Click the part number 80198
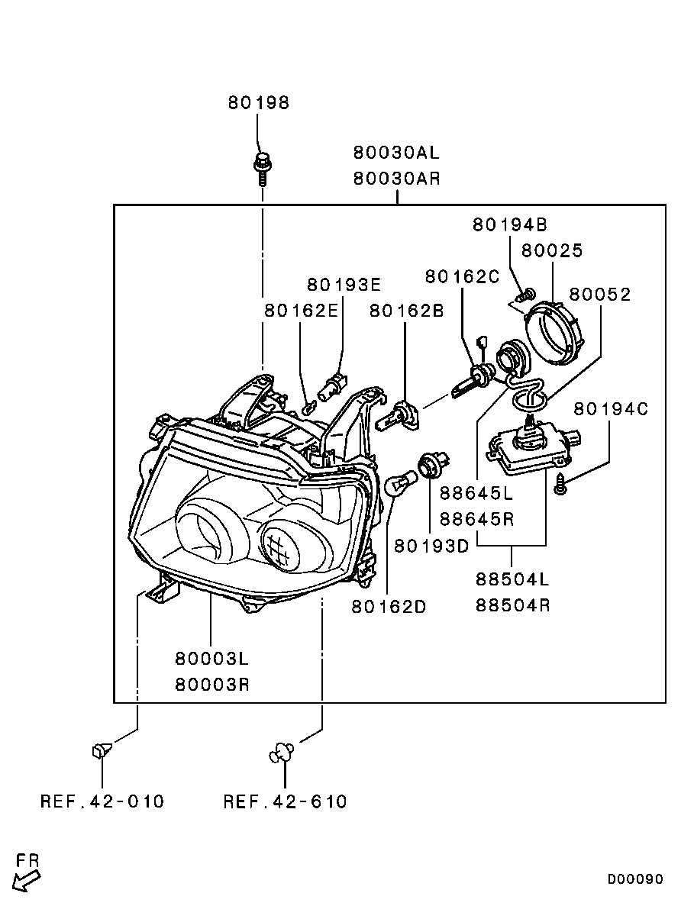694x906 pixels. [x=258, y=103]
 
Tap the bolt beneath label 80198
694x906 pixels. [x=263, y=168]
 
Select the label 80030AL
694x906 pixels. [x=396, y=152]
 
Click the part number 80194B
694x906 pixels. [x=509, y=224]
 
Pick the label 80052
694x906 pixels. [x=600, y=295]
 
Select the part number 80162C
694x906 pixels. [x=462, y=276]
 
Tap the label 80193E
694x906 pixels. [x=344, y=285]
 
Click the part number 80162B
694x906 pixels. [x=406, y=311]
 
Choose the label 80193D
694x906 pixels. [x=431, y=547]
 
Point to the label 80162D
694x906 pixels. [x=389, y=607]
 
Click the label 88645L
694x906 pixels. [x=476, y=493]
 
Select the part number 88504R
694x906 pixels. [x=512, y=605]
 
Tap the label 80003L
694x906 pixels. [x=212, y=658]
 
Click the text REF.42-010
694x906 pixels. [x=102, y=801]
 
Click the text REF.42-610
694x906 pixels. [x=285, y=801]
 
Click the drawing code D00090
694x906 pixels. [x=635, y=879]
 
